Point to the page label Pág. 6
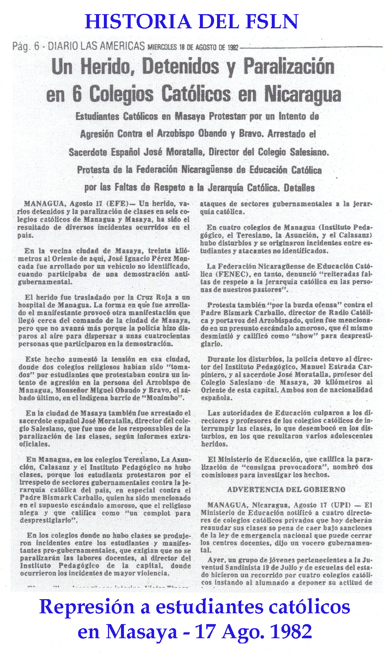pyautogui.click(x=26, y=47)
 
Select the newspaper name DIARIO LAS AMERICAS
pyautogui.click(x=96, y=46)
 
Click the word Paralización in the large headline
pyautogui.click(x=289, y=67)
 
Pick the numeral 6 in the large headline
pyautogui.click(x=77, y=94)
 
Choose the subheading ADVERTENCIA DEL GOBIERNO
pyautogui.click(x=286, y=490)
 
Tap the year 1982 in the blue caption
pyautogui.click(x=290, y=632)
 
